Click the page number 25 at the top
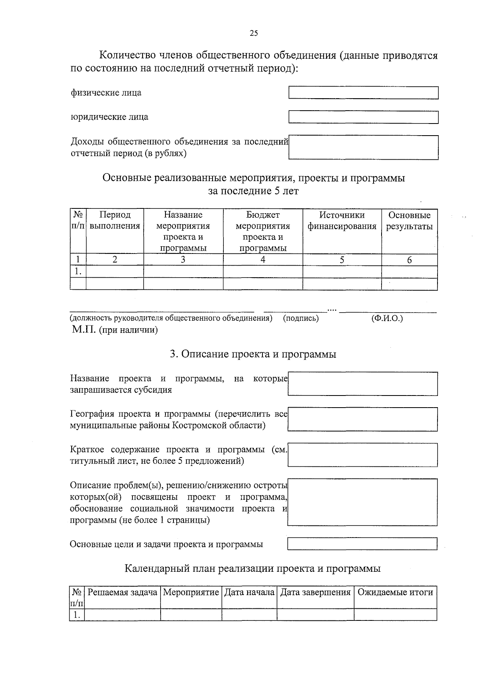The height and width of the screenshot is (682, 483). pyautogui.click(x=254, y=33)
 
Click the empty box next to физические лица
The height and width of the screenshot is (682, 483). pyautogui.click(x=363, y=93)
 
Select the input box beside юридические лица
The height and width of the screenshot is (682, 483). pyautogui.click(x=363, y=117)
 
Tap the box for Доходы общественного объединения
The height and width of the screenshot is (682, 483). pyautogui.click(x=363, y=147)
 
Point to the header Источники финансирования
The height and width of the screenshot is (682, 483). pyautogui.click(x=342, y=220)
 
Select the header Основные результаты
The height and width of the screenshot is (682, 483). pyautogui.click(x=409, y=220)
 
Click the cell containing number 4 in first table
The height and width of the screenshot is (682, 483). pyautogui.click(x=262, y=260)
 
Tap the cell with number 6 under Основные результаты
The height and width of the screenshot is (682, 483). pyautogui.click(x=409, y=260)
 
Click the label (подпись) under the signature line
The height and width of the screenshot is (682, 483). pyautogui.click(x=301, y=318)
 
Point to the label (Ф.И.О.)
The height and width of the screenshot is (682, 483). pyautogui.click(x=387, y=318)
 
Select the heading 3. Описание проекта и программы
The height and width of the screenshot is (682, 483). pyautogui.click(x=253, y=354)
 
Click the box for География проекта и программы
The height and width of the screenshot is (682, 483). pyautogui.click(x=362, y=419)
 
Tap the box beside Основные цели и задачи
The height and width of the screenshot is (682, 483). pyautogui.click(x=362, y=544)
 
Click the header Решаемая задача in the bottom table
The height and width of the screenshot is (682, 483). pyautogui.click(x=122, y=592)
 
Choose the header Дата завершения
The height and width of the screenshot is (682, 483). pyautogui.click(x=315, y=592)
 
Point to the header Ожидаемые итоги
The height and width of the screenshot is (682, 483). pyautogui.click(x=395, y=592)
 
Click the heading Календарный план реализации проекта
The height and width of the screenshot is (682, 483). pyautogui.click(x=253, y=569)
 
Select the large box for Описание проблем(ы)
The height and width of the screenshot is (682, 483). pyautogui.click(x=362, y=502)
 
